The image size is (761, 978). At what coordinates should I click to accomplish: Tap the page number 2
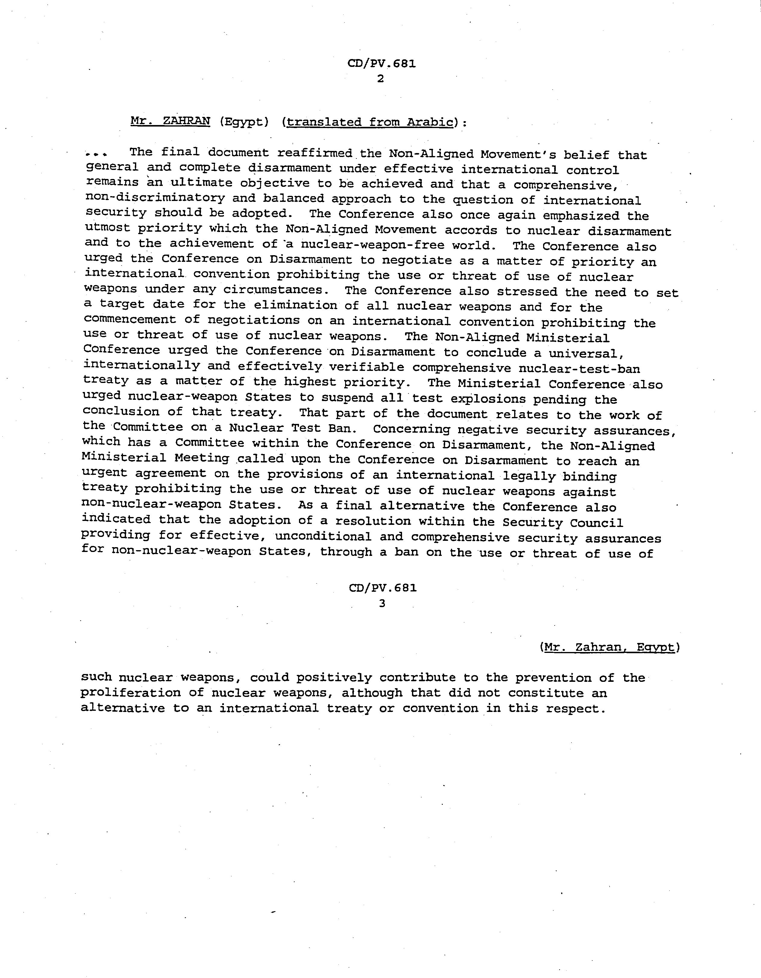click(380, 79)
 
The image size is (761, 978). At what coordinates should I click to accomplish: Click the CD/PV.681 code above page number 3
click(382, 588)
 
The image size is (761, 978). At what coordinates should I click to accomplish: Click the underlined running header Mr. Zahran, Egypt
click(609, 647)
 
